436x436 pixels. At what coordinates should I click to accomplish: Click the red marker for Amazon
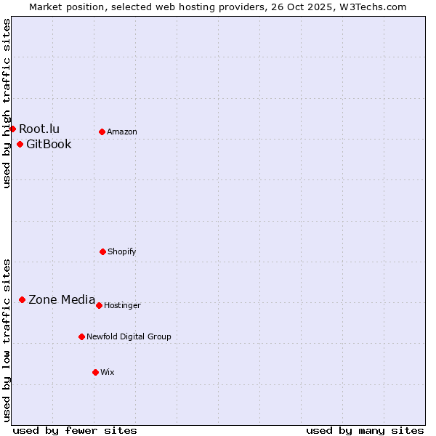point(102,132)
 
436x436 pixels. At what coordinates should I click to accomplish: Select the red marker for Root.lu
point(12,129)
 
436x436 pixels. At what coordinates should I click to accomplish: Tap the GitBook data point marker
point(20,144)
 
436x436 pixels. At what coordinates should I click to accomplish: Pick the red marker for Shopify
point(102,251)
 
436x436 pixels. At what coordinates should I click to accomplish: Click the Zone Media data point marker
point(22,299)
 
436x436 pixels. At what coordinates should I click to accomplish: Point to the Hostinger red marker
point(99,305)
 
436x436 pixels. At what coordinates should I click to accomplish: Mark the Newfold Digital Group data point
point(81,336)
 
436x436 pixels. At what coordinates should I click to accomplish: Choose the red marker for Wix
point(95,372)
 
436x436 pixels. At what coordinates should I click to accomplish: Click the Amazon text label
point(122,132)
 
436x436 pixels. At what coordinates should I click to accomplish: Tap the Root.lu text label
point(39,129)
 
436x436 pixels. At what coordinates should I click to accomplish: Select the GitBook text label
point(49,145)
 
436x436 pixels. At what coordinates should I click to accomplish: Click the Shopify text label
point(122,252)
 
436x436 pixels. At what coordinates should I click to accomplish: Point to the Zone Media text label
point(62,300)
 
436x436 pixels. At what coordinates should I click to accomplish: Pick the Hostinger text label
point(122,306)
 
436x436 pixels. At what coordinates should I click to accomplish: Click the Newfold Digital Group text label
point(129,337)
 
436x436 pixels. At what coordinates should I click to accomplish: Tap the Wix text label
point(108,373)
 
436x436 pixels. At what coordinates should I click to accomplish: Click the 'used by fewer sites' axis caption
point(75,430)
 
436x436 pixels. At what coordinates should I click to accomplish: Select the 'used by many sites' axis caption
point(365,430)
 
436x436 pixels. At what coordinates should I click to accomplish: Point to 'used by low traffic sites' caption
point(7,340)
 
